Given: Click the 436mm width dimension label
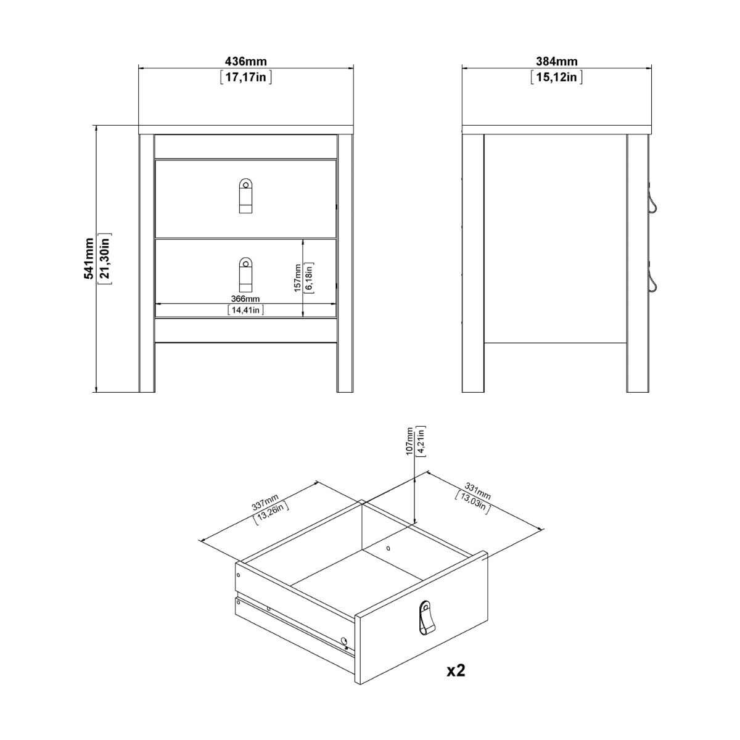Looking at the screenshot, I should click(x=245, y=62).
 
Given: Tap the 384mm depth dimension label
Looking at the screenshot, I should click(x=556, y=62).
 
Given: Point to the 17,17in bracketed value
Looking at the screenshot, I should click(x=245, y=78).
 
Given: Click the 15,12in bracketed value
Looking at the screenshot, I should click(x=556, y=78).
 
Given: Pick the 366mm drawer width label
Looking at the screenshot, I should click(x=245, y=298).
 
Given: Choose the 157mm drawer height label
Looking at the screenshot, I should click(x=298, y=278).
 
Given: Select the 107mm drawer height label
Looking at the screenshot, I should click(x=409, y=441).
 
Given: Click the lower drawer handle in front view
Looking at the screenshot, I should click(x=245, y=274).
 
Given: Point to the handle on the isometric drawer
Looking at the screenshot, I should click(x=425, y=617).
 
